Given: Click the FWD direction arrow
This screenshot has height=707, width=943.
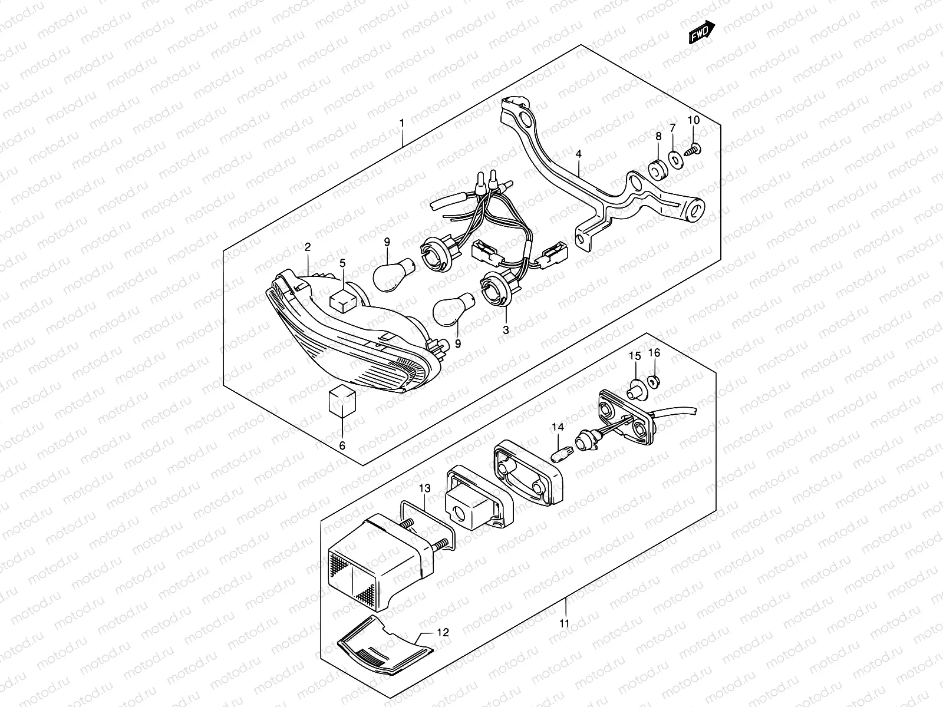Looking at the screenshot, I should click(702, 32).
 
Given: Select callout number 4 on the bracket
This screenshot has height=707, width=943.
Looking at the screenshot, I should click(579, 154).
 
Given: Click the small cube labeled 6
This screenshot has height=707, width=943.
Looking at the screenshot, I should click(342, 402).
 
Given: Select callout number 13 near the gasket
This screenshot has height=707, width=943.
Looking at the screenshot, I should click(425, 489).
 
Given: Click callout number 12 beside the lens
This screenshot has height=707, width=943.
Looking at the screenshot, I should click(443, 632).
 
